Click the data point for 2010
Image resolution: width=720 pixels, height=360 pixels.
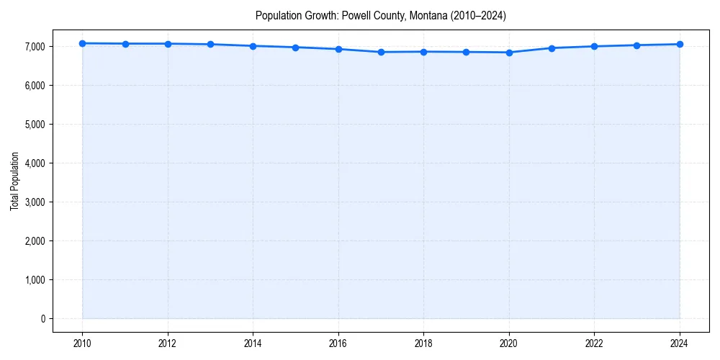pyautogui.click(x=83, y=43)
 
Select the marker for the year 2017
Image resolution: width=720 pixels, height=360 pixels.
pyautogui.click(x=381, y=52)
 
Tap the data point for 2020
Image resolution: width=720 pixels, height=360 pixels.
pyautogui.click(x=509, y=53)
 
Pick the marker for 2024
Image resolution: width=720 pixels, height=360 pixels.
pyautogui.click(x=680, y=44)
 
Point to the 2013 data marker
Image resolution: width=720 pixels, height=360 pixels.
pyautogui.click(x=210, y=45)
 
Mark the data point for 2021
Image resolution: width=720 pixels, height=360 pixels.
pyautogui.click(x=552, y=48)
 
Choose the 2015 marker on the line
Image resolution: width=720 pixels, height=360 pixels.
pyautogui.click(x=296, y=48)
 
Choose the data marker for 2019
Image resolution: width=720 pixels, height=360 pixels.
pyautogui.click(x=467, y=52)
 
